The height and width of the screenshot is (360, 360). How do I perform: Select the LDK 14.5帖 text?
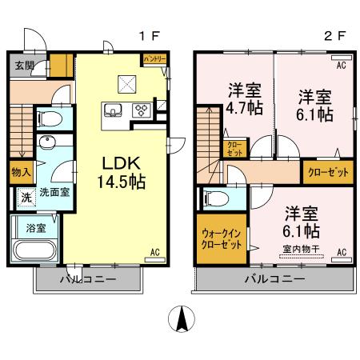pos(121,171)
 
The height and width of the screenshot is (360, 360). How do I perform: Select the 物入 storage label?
pos(22,170)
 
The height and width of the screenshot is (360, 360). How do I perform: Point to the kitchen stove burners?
pos(141,111)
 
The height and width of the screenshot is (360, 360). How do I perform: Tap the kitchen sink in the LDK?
pos(112,110)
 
